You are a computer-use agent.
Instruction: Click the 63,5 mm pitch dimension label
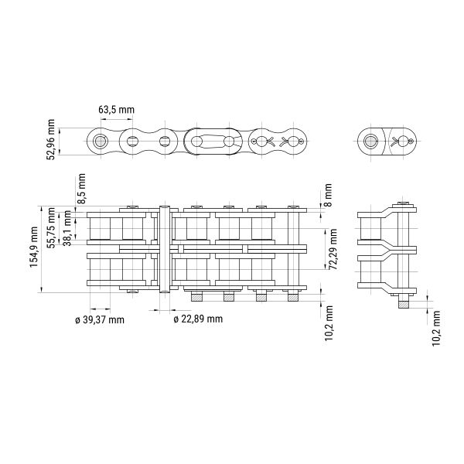(116, 110)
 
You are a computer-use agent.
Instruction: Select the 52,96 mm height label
(50, 140)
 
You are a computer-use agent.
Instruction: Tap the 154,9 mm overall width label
(34, 247)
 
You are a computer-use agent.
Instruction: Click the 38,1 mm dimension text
(67, 228)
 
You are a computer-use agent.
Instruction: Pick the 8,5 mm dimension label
(81, 189)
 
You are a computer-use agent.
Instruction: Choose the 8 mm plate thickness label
(328, 195)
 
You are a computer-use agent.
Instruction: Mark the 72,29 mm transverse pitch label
(333, 249)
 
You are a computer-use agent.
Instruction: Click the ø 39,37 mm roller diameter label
(100, 320)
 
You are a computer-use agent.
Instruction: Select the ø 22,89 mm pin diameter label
(198, 319)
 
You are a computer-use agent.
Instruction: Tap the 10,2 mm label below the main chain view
(329, 323)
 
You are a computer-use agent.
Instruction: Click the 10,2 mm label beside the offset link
(436, 328)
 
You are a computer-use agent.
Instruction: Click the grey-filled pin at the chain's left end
(100, 142)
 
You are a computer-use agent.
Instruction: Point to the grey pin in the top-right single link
(370, 142)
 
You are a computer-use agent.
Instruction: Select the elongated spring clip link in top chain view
(213, 142)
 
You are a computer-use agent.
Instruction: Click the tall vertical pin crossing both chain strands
(165, 249)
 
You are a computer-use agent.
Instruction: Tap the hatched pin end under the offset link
(404, 305)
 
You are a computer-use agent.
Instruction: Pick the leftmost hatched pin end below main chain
(196, 297)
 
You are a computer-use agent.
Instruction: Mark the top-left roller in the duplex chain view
(100, 228)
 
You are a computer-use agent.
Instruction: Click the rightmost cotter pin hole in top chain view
(302, 142)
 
